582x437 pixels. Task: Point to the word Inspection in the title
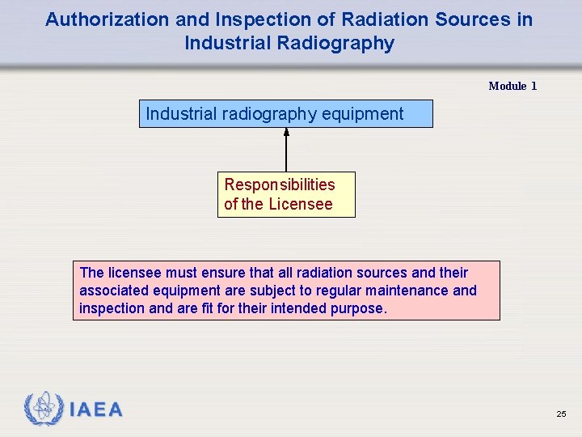click(247, 19)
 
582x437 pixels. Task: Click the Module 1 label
click(512, 86)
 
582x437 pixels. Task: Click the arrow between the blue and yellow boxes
click(286, 150)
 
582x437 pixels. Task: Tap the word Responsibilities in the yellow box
click(280, 185)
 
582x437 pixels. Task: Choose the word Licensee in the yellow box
click(300, 204)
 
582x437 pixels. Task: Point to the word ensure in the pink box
click(207, 272)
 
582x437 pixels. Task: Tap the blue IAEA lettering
click(96, 409)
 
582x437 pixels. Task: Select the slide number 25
click(561, 414)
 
